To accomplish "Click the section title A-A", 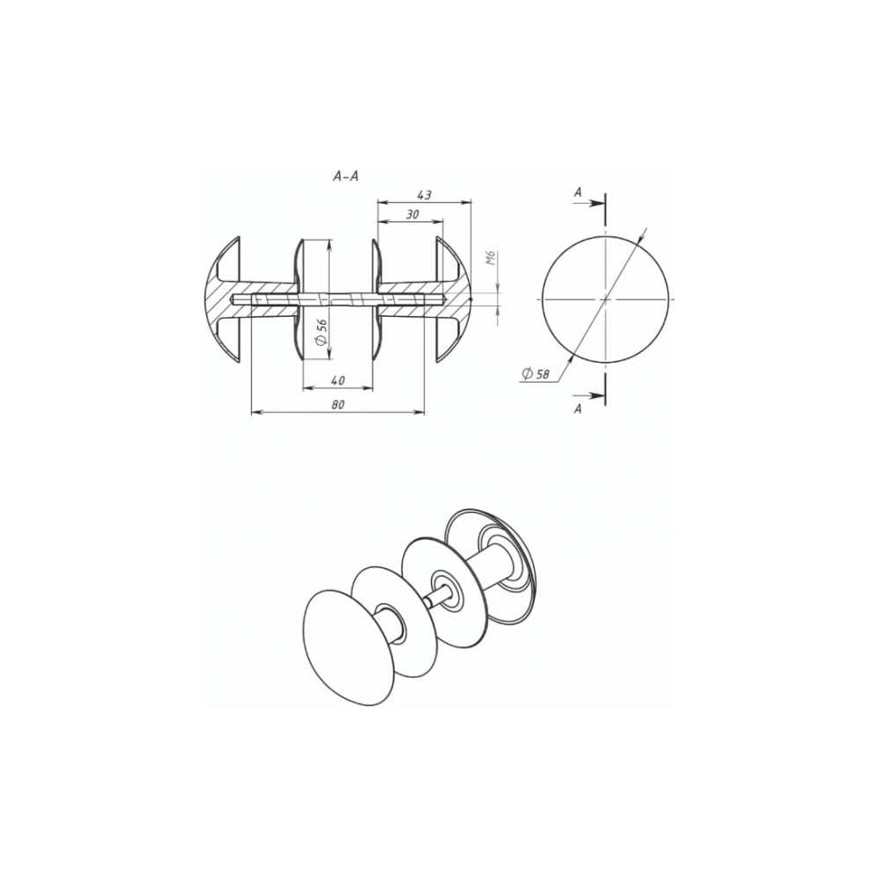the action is [345, 177].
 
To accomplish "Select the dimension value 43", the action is [424, 195].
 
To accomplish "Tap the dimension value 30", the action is [413, 214].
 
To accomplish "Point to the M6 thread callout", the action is [491, 257].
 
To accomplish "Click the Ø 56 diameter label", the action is [321, 332].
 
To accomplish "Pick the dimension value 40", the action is [338, 381].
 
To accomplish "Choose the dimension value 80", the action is [338, 405].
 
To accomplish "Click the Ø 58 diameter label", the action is [536, 373].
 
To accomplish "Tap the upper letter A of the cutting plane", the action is [578, 192].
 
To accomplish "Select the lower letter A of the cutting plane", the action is [578, 409].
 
